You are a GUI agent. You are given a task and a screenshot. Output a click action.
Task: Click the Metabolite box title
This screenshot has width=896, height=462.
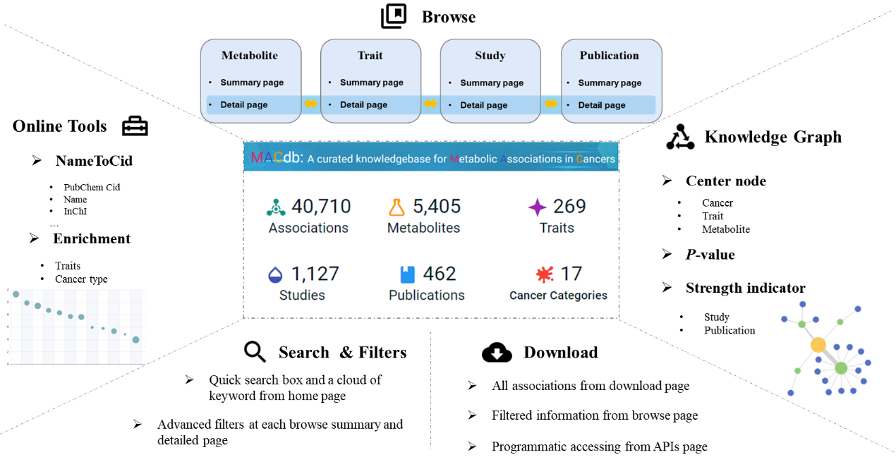coord(250,56)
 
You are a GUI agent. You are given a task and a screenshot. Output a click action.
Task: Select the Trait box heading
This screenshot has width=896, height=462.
coord(370,56)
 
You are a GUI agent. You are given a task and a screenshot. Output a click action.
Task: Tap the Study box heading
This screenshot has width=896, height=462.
coord(490,56)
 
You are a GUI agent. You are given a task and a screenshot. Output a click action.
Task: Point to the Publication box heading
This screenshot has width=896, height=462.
coord(609,56)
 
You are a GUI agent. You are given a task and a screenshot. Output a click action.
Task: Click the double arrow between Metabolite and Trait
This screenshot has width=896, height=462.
coord(310,104)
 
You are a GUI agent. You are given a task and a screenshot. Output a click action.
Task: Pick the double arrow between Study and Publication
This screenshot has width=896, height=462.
coord(551,104)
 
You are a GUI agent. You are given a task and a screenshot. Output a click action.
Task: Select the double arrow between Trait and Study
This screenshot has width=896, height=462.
coord(430,104)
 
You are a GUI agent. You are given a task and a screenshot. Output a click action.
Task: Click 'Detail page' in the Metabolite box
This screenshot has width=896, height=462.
coord(244,105)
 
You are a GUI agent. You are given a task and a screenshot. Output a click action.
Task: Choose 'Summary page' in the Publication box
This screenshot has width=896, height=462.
coord(610,83)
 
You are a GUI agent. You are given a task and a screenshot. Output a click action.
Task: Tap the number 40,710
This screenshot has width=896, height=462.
coord(321,207)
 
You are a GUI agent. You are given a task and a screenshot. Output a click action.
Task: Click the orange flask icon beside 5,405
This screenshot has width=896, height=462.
coord(396,207)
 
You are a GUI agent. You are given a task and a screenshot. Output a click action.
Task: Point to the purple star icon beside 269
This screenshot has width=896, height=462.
coord(537,207)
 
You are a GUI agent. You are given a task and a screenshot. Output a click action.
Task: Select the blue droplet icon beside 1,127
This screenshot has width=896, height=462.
coord(275,274)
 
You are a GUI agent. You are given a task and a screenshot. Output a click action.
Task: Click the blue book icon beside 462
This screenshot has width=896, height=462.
coord(407,274)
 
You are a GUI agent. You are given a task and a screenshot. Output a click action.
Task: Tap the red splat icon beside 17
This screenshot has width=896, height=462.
coord(544,274)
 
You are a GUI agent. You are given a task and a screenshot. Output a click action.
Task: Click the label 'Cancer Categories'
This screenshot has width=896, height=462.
coord(558,296)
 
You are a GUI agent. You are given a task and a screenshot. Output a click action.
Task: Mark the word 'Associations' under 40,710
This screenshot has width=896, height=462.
coord(308,228)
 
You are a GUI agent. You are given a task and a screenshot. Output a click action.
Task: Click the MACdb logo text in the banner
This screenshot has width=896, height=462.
coord(277,158)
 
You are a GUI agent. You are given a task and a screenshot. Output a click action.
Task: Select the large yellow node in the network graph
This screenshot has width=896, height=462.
coord(818,345)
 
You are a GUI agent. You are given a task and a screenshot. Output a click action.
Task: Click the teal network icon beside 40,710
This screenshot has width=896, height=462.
coord(276,207)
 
